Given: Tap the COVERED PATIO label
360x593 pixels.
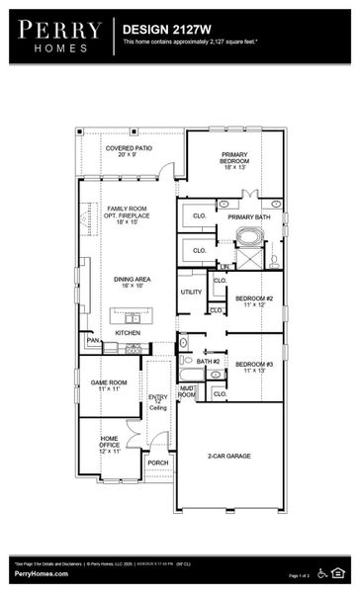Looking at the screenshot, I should point(128,151).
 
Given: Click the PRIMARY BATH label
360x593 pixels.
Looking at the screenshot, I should point(249,216).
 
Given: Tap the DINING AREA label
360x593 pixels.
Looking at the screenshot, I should point(128,284).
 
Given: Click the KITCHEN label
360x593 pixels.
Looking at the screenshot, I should point(128,333).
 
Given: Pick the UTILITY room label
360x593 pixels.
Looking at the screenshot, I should point(191,292).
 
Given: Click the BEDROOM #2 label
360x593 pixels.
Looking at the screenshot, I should point(253,301).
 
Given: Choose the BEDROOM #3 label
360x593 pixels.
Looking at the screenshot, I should point(253,370).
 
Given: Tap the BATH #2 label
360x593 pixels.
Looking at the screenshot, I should point(208,362).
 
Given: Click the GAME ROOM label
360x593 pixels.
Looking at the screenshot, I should point(110,385).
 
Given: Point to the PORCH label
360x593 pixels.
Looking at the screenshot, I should point(158,462).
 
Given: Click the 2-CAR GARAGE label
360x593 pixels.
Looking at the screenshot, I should point(229,458).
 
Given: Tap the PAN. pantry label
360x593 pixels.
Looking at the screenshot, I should point(93,341).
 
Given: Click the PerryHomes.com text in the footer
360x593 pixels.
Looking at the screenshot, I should point(41,573).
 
